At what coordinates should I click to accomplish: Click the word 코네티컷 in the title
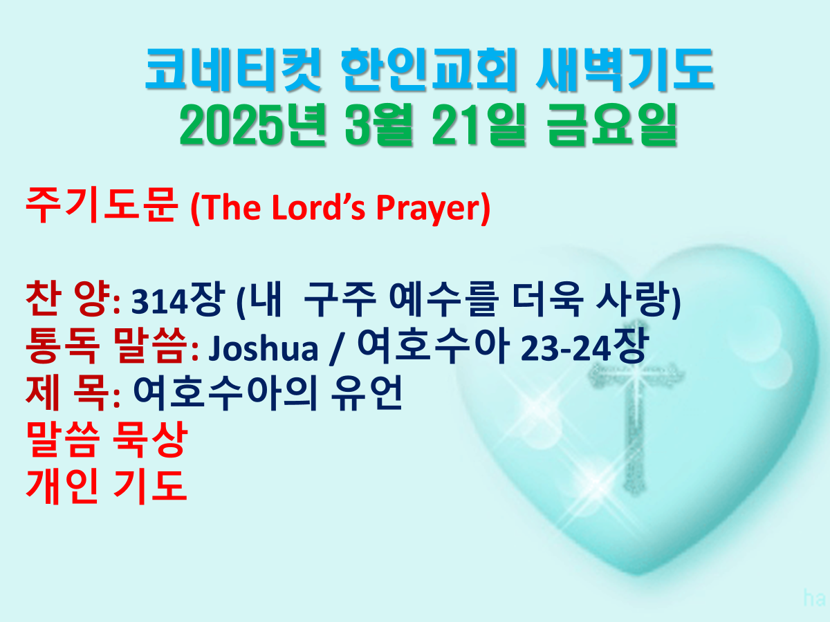(x=233, y=70)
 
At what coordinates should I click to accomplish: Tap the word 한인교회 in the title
(x=429, y=70)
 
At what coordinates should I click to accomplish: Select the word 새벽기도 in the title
(x=625, y=70)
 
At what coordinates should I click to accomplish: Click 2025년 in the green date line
(x=252, y=124)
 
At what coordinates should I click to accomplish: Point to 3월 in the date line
(x=378, y=124)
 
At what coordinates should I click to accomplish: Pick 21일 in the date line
(x=479, y=124)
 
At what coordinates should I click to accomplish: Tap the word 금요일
(x=612, y=124)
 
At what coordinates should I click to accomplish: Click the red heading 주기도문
(x=102, y=205)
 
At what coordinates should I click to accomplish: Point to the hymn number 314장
(x=178, y=300)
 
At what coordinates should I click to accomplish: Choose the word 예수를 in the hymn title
(x=443, y=299)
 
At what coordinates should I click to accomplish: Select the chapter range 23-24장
(x=584, y=346)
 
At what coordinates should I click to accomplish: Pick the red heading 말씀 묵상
(x=107, y=440)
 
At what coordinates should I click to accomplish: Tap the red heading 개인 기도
(x=107, y=487)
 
